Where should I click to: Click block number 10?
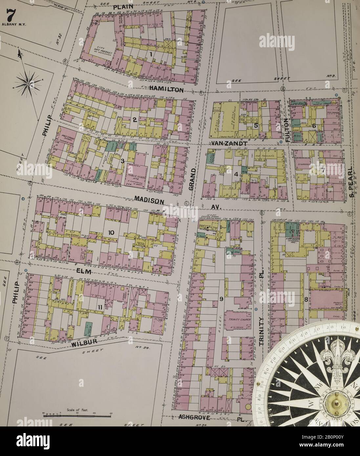point(111,233)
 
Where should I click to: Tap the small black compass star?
point(29,84)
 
